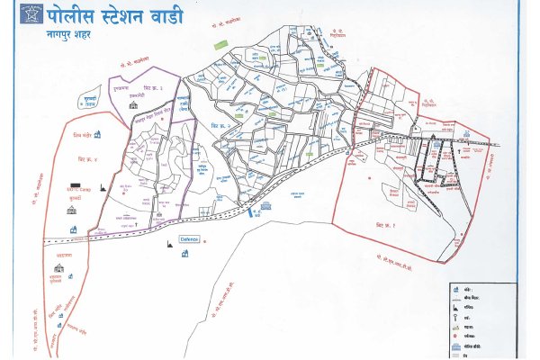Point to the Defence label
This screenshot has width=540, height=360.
(x=189, y=239)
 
